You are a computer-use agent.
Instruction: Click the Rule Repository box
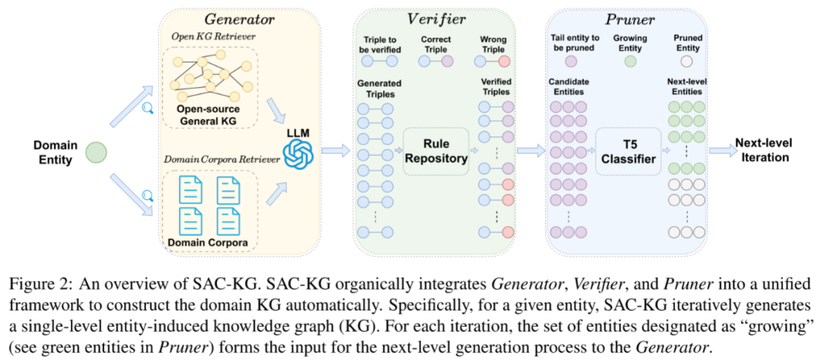click(437, 151)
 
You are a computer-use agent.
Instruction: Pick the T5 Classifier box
click(628, 151)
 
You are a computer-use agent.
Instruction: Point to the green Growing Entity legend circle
click(630, 60)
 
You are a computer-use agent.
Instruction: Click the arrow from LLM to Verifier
click(334, 150)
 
